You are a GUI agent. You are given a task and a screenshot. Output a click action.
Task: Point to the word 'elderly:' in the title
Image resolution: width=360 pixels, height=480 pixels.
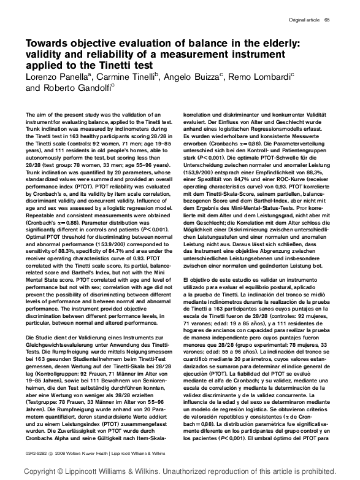tap(276, 43)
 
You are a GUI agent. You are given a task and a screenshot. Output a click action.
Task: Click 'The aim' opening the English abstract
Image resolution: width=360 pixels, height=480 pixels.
tap(36, 115)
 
